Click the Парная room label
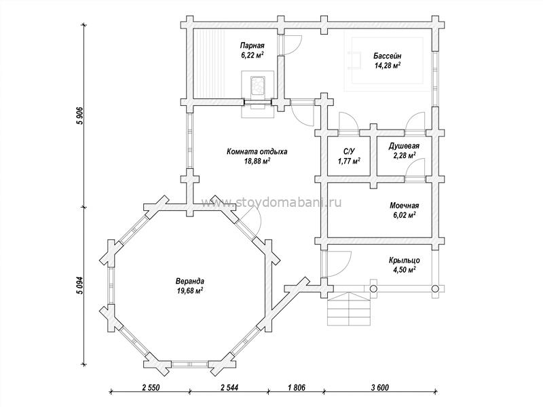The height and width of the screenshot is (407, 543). (x=252, y=45)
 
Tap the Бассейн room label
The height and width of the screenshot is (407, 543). (x=388, y=56)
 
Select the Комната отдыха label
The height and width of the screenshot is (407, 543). (x=257, y=151)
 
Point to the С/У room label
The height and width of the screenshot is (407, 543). (x=349, y=151)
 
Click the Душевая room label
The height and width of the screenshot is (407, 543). (x=404, y=146)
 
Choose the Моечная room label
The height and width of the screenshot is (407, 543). (x=404, y=206)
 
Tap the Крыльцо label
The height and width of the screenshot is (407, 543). (x=405, y=260)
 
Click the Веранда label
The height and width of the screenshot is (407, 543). (x=190, y=281)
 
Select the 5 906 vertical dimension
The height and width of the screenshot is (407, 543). (x=79, y=116)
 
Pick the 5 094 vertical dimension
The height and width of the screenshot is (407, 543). (x=79, y=286)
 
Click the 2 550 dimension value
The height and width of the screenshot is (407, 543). (x=151, y=387)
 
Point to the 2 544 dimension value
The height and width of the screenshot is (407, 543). (x=229, y=387)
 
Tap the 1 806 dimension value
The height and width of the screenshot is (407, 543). (x=296, y=387)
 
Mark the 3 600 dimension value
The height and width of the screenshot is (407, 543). (x=379, y=387)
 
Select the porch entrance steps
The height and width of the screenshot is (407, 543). (x=350, y=309)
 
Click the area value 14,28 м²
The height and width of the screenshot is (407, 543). (x=388, y=65)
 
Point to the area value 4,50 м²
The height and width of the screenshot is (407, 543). (x=405, y=269)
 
